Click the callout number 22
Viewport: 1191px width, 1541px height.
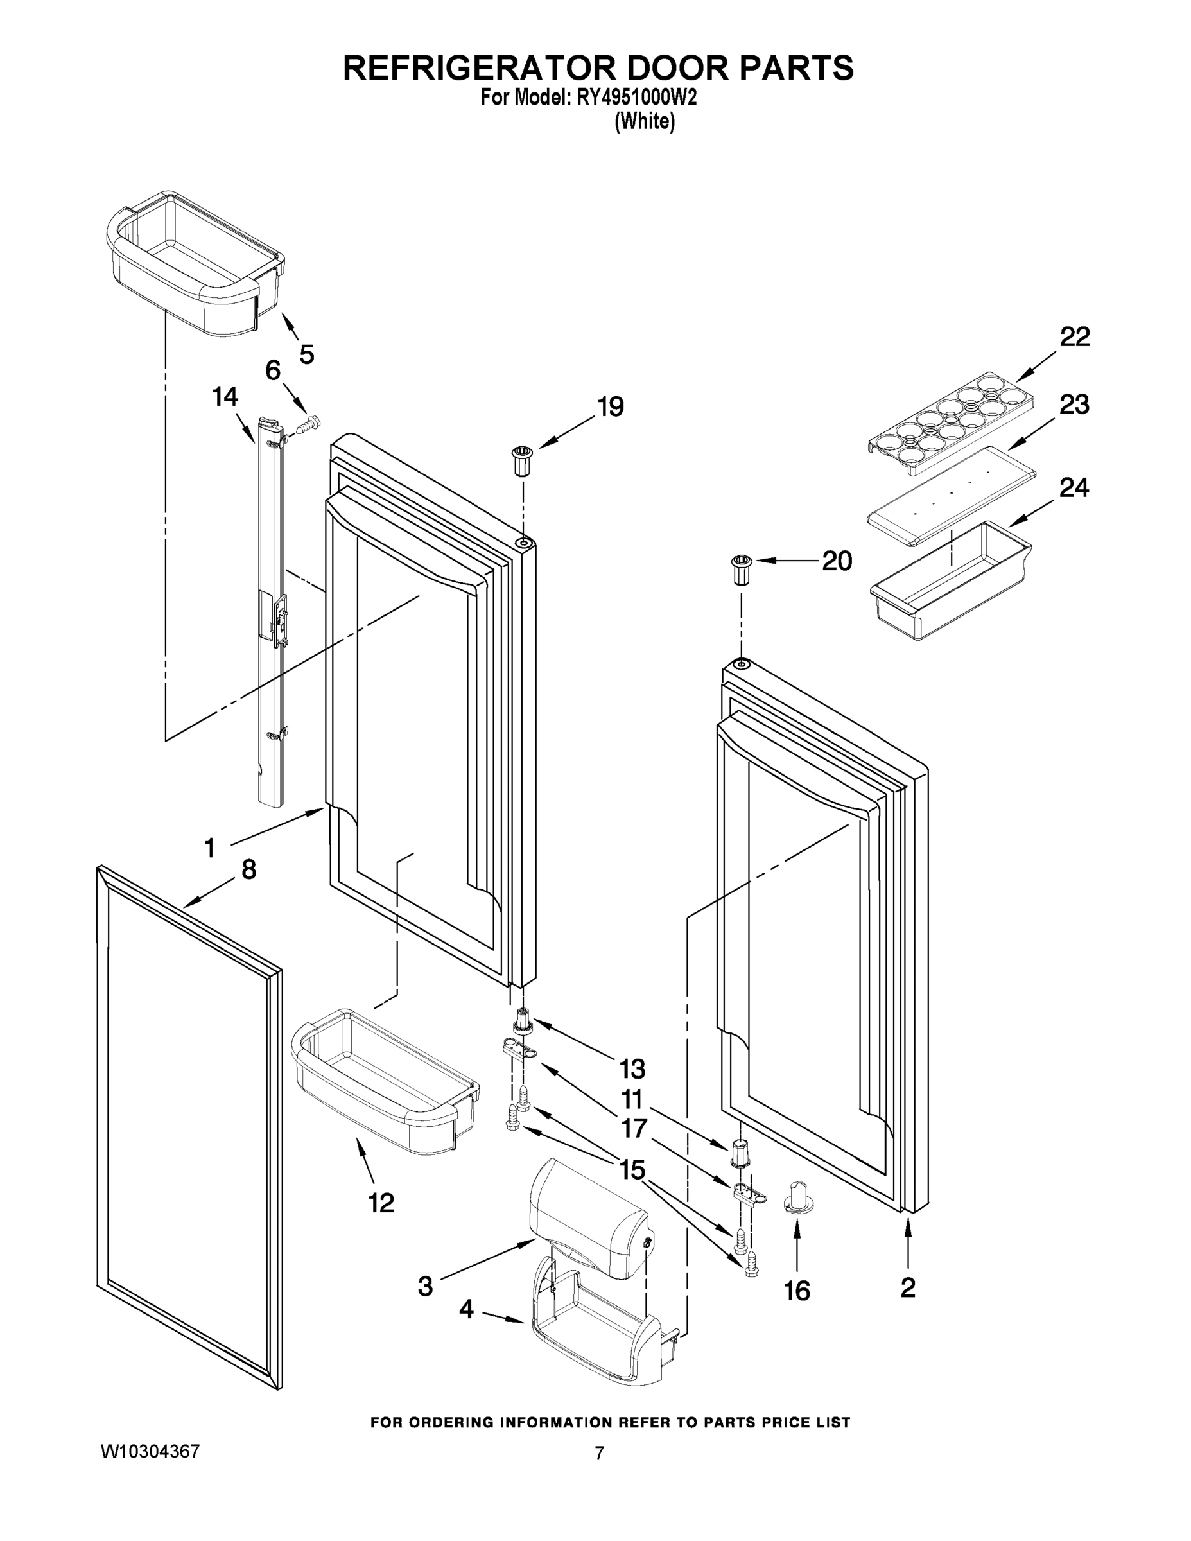click(x=1075, y=337)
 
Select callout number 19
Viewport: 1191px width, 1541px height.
click(x=611, y=407)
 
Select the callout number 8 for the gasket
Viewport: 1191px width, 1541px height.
click(x=248, y=869)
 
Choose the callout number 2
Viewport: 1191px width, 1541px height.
click(x=908, y=1287)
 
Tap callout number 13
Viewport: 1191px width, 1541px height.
click(x=632, y=1069)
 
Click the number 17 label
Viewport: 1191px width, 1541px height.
click(x=634, y=1128)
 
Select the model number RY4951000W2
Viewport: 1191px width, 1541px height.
click(x=636, y=98)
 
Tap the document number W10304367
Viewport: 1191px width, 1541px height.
click(x=150, y=1451)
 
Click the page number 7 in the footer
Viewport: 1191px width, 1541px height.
click(x=599, y=1454)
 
